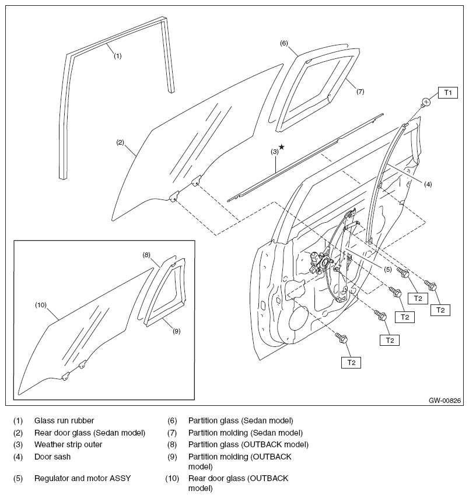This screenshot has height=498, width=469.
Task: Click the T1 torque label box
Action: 448,92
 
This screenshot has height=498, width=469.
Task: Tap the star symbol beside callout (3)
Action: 281,147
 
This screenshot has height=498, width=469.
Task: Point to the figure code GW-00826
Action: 445,401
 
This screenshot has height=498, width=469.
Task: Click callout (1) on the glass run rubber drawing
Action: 117,56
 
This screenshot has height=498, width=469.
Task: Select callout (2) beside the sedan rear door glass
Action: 120,142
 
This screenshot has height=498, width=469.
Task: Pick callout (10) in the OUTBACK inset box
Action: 40,304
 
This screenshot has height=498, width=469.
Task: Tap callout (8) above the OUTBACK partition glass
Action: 147,254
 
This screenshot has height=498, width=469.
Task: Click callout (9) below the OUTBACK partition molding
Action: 176,331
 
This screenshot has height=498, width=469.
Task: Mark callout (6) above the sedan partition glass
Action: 284,43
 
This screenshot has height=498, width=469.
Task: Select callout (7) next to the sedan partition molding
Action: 360,92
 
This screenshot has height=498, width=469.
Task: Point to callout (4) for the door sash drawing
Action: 428,184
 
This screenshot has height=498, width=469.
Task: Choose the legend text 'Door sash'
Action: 52,456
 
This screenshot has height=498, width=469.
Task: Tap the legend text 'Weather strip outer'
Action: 68,444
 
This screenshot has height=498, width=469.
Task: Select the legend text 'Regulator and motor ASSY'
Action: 82,479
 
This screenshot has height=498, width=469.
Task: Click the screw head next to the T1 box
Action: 426,103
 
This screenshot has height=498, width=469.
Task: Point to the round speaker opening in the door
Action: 299,321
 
